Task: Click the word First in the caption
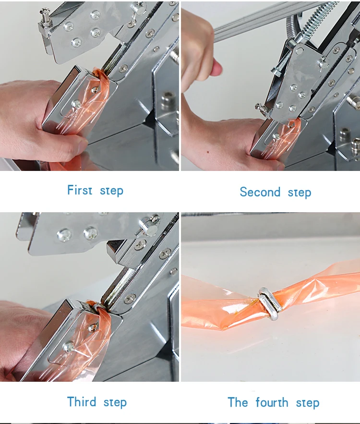[x=80, y=190]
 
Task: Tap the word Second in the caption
[x=260, y=192]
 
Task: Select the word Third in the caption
[x=81, y=401]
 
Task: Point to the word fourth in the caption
[x=272, y=402]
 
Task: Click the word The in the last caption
[x=238, y=402]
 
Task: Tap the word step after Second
[x=300, y=193]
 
